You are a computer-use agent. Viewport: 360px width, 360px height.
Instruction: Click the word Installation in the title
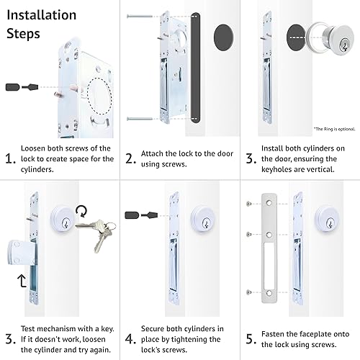(x=41, y=14)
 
